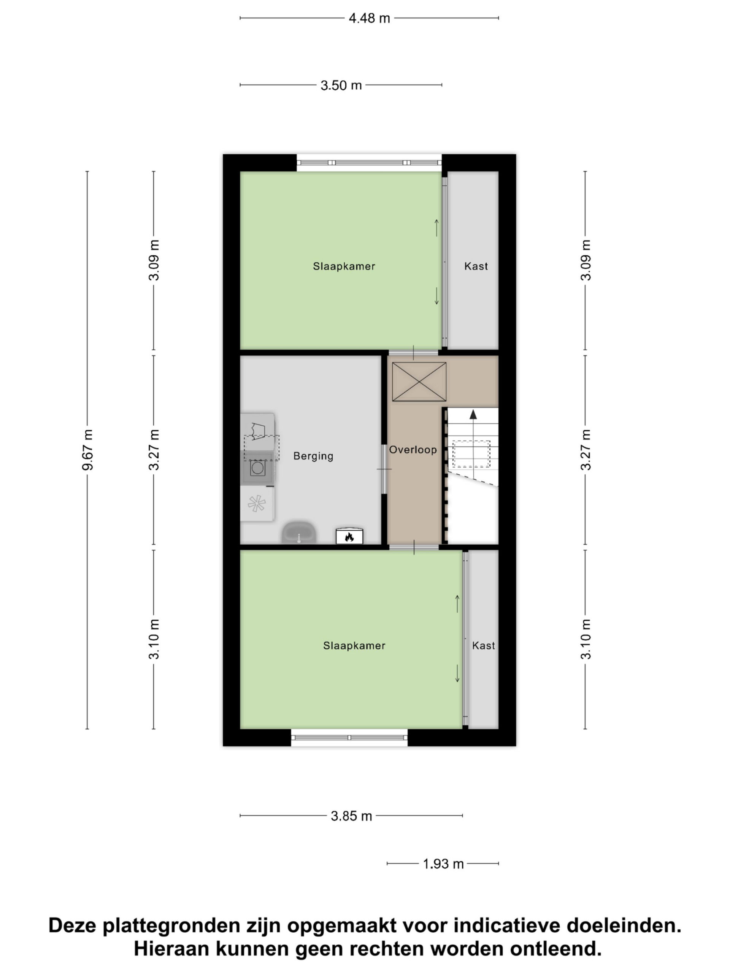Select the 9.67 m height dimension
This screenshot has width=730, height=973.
click(x=88, y=450)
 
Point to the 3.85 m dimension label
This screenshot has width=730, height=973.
click(x=351, y=816)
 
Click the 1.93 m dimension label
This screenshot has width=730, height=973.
click(x=443, y=864)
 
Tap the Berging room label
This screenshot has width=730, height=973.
click(x=313, y=456)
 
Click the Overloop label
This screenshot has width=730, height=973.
click(x=413, y=450)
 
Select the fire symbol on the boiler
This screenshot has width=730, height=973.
click(x=349, y=537)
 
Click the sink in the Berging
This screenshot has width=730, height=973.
click(x=299, y=533)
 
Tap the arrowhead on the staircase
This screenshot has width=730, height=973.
click(x=473, y=414)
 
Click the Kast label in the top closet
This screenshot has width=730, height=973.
click(x=476, y=266)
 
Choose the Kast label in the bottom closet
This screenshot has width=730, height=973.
click(x=483, y=646)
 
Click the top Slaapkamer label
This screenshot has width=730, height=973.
click(x=344, y=266)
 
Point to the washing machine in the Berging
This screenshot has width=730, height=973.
click(x=257, y=467)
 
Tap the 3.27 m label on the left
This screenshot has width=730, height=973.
click(x=154, y=450)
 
